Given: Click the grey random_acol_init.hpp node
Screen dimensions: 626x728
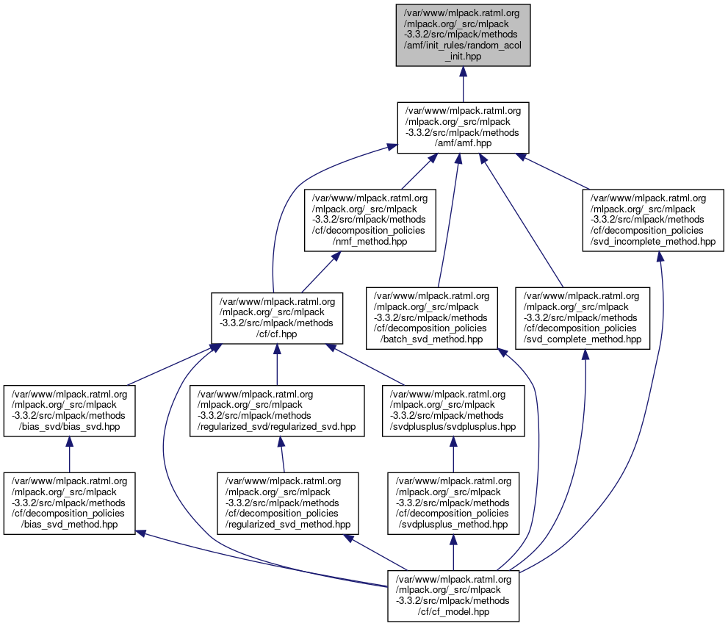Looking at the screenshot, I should pyautogui.click(x=462, y=35).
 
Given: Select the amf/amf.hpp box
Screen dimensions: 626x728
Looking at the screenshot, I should pyautogui.click(x=463, y=128).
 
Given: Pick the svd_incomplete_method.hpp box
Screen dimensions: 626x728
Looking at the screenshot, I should pyautogui.click(x=654, y=220).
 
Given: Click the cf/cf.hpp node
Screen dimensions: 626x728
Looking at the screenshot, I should pyautogui.click(x=277, y=317).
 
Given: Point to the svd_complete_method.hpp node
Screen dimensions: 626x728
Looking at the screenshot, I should pyautogui.click(x=583, y=317).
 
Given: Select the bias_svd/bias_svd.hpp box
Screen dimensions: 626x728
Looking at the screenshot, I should pyautogui.click(x=69, y=411).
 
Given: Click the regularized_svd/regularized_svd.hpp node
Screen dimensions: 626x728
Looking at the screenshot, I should pyautogui.click(x=276, y=411).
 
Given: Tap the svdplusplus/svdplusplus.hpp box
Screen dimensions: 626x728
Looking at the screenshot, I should pyautogui.click(x=453, y=411).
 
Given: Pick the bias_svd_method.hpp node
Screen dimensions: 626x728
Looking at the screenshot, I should pyautogui.click(x=69, y=503).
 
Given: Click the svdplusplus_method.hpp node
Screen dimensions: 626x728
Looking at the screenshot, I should pyautogui.click(x=453, y=503).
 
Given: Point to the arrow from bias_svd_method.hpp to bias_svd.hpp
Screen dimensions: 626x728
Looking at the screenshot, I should pyautogui.click(x=69, y=456).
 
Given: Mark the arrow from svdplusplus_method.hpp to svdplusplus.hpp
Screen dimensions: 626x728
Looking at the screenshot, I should pyautogui.click(x=453, y=456).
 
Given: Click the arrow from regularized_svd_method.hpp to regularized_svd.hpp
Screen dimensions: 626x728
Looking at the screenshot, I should pyautogui.click(x=281, y=456).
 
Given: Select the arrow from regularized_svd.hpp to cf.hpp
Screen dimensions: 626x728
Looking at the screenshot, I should pyautogui.click(x=276, y=364).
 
